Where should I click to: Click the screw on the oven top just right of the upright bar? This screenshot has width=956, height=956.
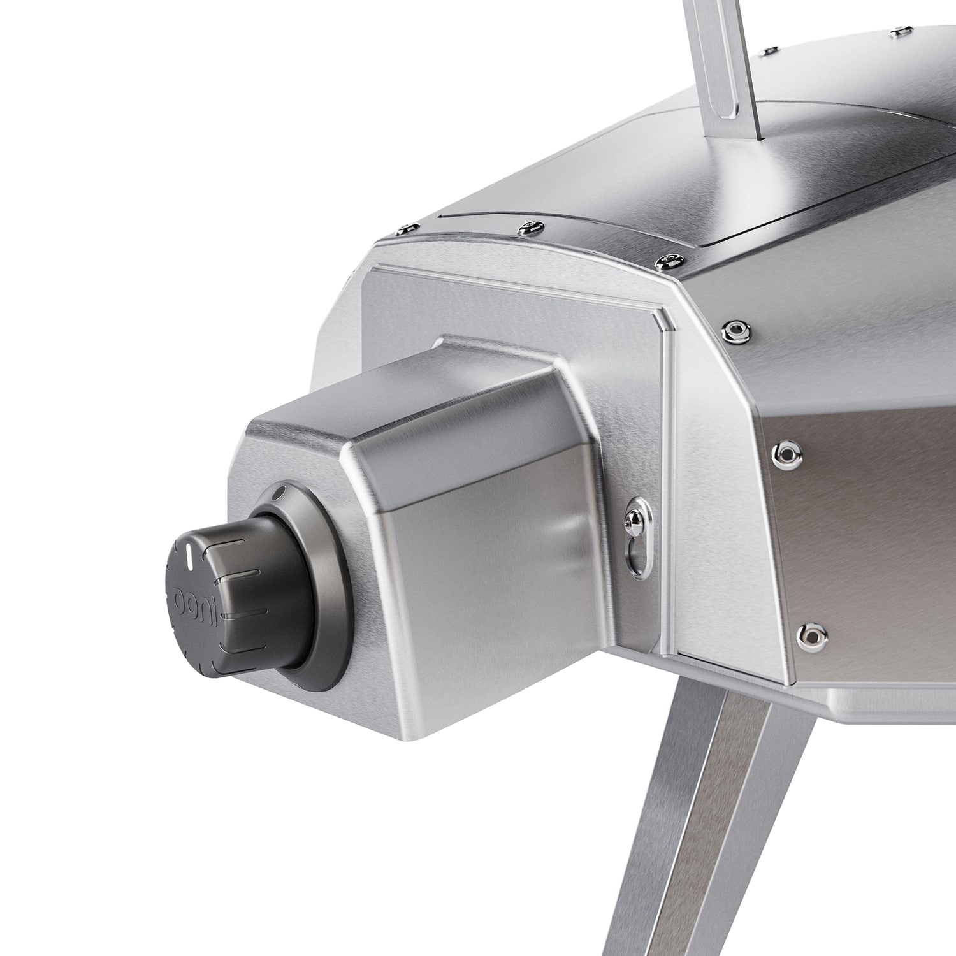click(x=771, y=48)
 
